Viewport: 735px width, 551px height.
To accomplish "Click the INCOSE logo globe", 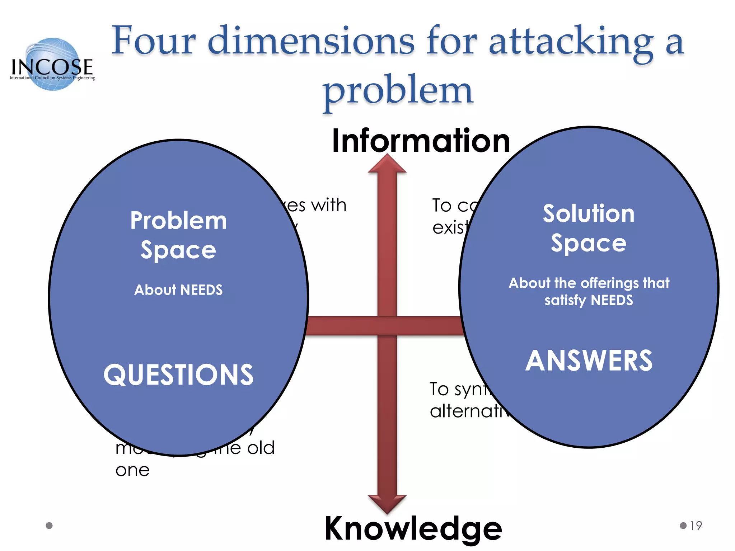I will pyautogui.click(x=53, y=64).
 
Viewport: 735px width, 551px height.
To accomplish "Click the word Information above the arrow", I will pyautogui.click(x=421, y=141).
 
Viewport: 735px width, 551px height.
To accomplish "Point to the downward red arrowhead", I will pyautogui.click(x=387, y=503).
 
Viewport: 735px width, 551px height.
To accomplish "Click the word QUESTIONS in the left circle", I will pyautogui.click(x=178, y=375).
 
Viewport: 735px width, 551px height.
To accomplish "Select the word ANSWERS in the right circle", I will pyautogui.click(x=589, y=361).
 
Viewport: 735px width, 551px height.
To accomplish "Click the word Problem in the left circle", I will pyautogui.click(x=178, y=220).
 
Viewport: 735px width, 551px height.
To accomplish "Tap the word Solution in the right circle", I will pyautogui.click(x=589, y=214).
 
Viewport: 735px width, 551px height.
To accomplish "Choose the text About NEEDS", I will pyautogui.click(x=178, y=290).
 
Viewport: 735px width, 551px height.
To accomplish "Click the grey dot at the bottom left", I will pyautogui.click(x=49, y=526).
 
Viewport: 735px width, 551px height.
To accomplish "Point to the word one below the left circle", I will pyautogui.click(x=132, y=470).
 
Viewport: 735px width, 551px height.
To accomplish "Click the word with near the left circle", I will pyautogui.click(x=328, y=205).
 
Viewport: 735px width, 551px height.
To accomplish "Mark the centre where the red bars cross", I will pyautogui.click(x=387, y=326).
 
